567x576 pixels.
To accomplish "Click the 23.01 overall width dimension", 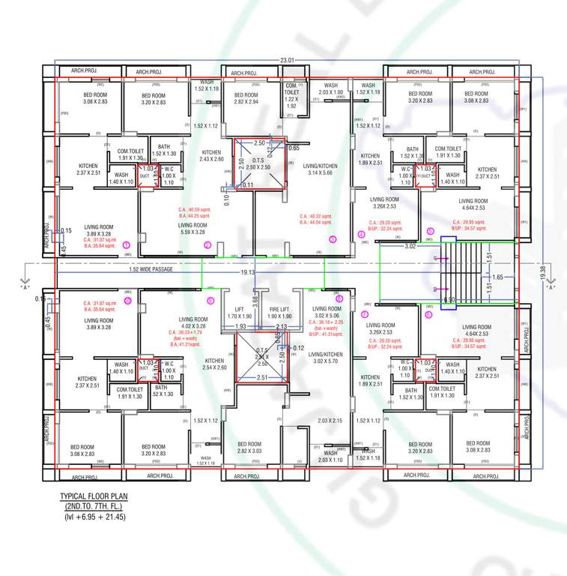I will pyautogui.click(x=287, y=60).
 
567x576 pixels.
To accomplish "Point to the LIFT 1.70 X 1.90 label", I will pyautogui.click(x=240, y=313).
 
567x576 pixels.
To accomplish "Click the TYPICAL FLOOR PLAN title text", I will pyautogui.click(x=94, y=497).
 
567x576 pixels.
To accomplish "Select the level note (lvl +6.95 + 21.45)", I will pyautogui.click(x=94, y=517).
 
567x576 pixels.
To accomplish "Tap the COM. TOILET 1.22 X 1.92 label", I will pyautogui.click(x=292, y=96).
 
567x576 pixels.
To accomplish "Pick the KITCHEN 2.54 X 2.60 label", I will pyautogui.click(x=214, y=364).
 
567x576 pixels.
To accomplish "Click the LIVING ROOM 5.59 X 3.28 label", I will pyautogui.click(x=192, y=229).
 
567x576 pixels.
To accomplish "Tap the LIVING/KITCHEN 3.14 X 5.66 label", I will pyautogui.click(x=324, y=169).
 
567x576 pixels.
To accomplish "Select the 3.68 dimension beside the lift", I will pyautogui.click(x=255, y=300).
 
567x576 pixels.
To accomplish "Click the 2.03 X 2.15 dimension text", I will pyautogui.click(x=330, y=421).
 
